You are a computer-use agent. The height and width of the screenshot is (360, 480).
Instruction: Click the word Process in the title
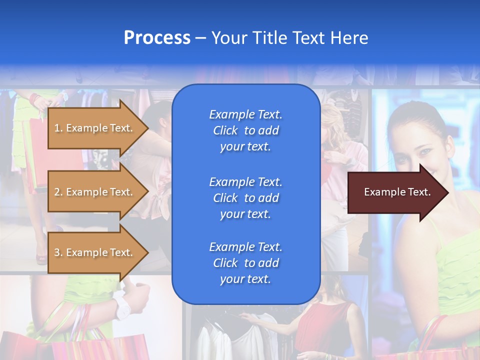pos(157,38)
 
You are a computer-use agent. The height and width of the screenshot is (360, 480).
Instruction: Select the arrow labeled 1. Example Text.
pos(95,128)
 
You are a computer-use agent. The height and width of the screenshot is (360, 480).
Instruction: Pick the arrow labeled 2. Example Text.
pos(95,192)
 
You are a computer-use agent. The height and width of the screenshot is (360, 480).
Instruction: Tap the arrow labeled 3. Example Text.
pos(95,252)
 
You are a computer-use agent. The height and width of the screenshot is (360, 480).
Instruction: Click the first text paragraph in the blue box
pos(245,130)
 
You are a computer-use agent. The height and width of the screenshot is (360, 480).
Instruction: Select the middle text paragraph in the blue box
pos(245,198)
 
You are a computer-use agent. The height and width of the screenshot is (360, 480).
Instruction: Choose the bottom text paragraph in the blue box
pos(245,263)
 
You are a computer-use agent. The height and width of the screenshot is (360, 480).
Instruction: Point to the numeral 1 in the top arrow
pos(56,128)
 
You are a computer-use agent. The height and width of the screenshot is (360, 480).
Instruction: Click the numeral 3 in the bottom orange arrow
pos(56,252)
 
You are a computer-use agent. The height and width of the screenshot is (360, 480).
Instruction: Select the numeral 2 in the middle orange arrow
pos(56,192)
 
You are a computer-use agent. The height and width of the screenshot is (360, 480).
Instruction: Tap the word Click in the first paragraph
pos(225,130)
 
